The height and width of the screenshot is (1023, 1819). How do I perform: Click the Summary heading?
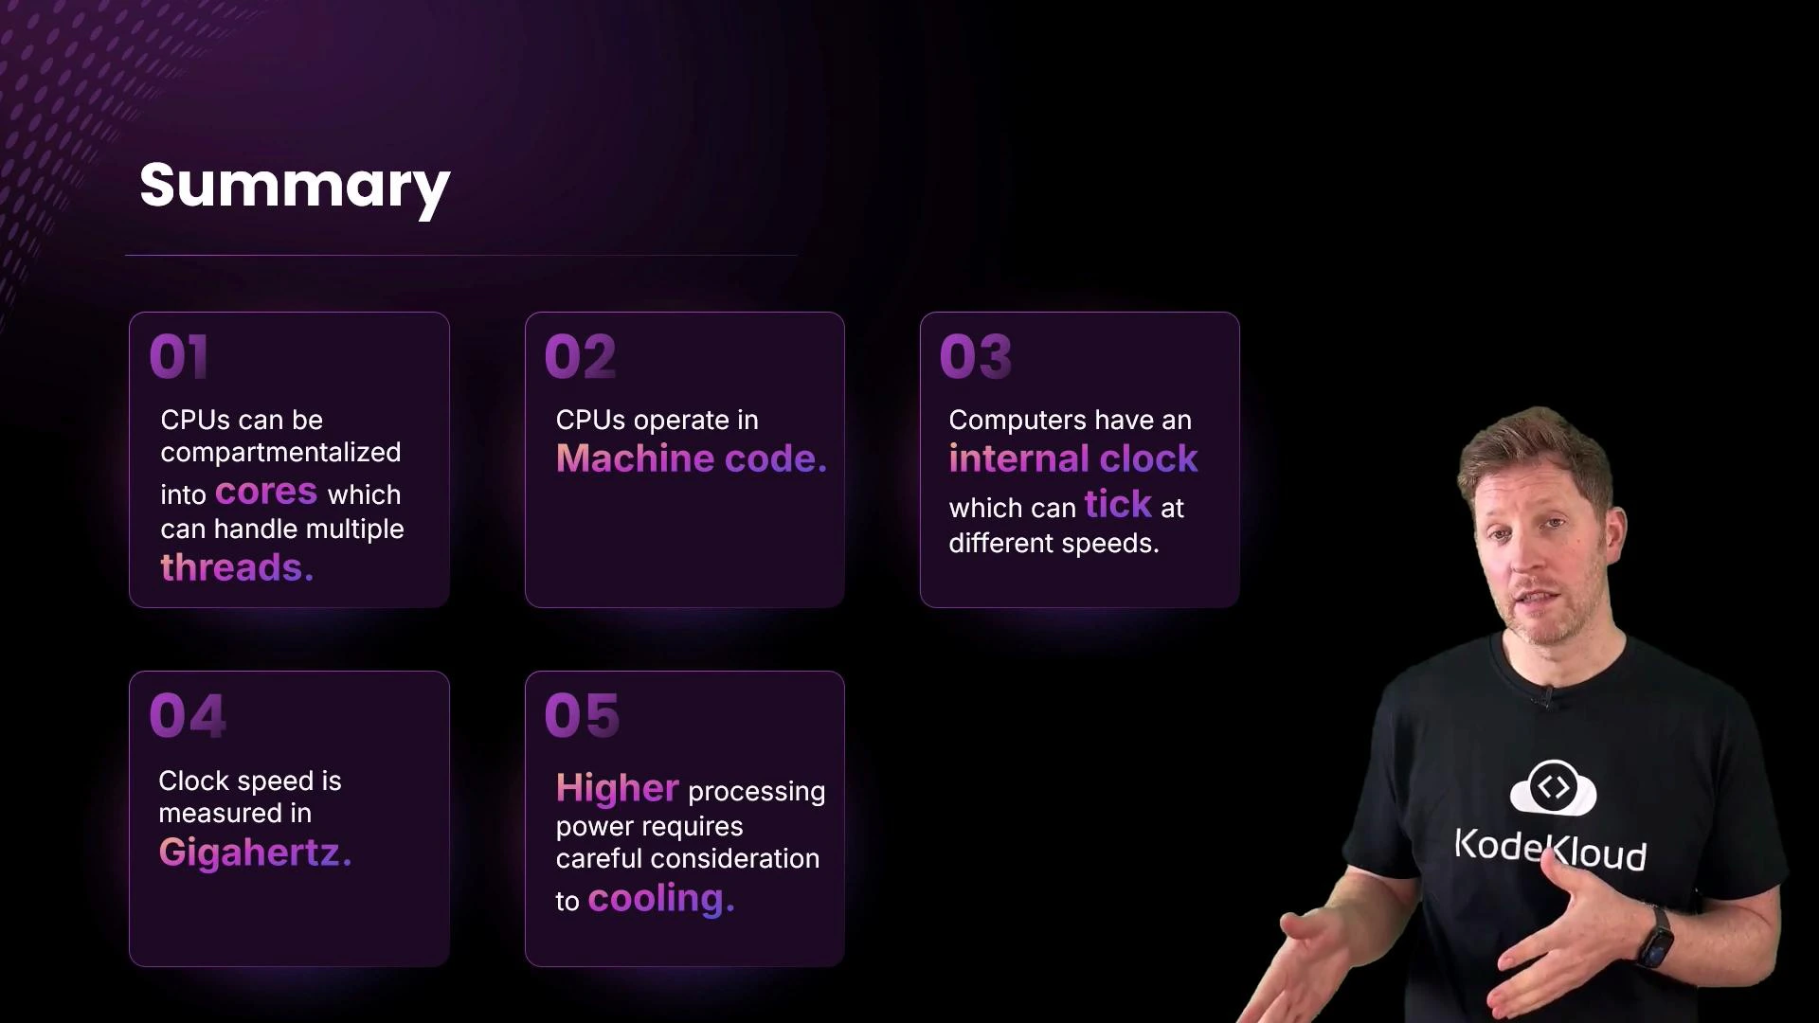tap(295, 186)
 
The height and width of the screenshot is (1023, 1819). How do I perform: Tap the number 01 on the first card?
tap(178, 357)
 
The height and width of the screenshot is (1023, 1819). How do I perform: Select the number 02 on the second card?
tap(580, 357)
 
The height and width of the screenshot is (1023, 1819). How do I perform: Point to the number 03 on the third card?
tap(975, 357)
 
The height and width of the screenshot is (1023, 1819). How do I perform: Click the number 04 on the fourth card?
tap(188, 715)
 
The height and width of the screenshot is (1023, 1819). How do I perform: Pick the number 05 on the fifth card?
tap(582, 715)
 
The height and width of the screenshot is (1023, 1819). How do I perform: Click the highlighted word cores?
tap(265, 492)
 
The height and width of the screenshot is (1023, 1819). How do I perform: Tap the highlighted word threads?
tap(236, 567)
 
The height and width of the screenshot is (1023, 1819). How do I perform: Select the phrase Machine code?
tap(691, 459)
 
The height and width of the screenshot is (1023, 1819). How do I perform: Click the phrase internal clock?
tap(1072, 459)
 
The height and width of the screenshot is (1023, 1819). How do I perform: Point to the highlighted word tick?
tap(1118, 504)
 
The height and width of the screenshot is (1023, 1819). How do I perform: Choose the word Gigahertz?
tap(255, 852)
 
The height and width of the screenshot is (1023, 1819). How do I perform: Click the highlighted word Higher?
tap(617, 788)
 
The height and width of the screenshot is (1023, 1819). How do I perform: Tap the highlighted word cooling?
tap(660, 898)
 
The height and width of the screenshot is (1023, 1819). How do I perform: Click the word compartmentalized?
tap(280, 453)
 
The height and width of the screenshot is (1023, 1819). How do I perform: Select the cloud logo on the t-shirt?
tap(1553, 787)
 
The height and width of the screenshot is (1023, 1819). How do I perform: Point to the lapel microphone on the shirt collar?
tap(1545, 699)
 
